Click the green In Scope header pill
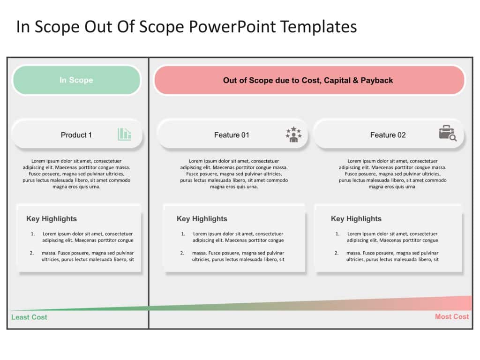point(76,80)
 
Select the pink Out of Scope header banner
point(309,80)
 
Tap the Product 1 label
point(76,135)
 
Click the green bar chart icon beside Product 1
point(125,135)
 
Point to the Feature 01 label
point(232,135)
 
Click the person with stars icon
point(293,135)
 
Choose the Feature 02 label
point(388,135)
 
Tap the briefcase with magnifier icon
point(448,133)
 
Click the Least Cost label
point(30,317)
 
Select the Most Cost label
point(452,316)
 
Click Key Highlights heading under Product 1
point(52,218)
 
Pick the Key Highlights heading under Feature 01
point(202,218)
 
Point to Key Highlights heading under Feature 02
point(356,218)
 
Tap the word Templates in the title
point(319,27)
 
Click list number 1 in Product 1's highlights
point(32,234)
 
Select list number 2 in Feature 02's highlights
point(336,253)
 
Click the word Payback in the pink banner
point(377,80)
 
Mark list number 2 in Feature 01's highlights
point(182,253)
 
